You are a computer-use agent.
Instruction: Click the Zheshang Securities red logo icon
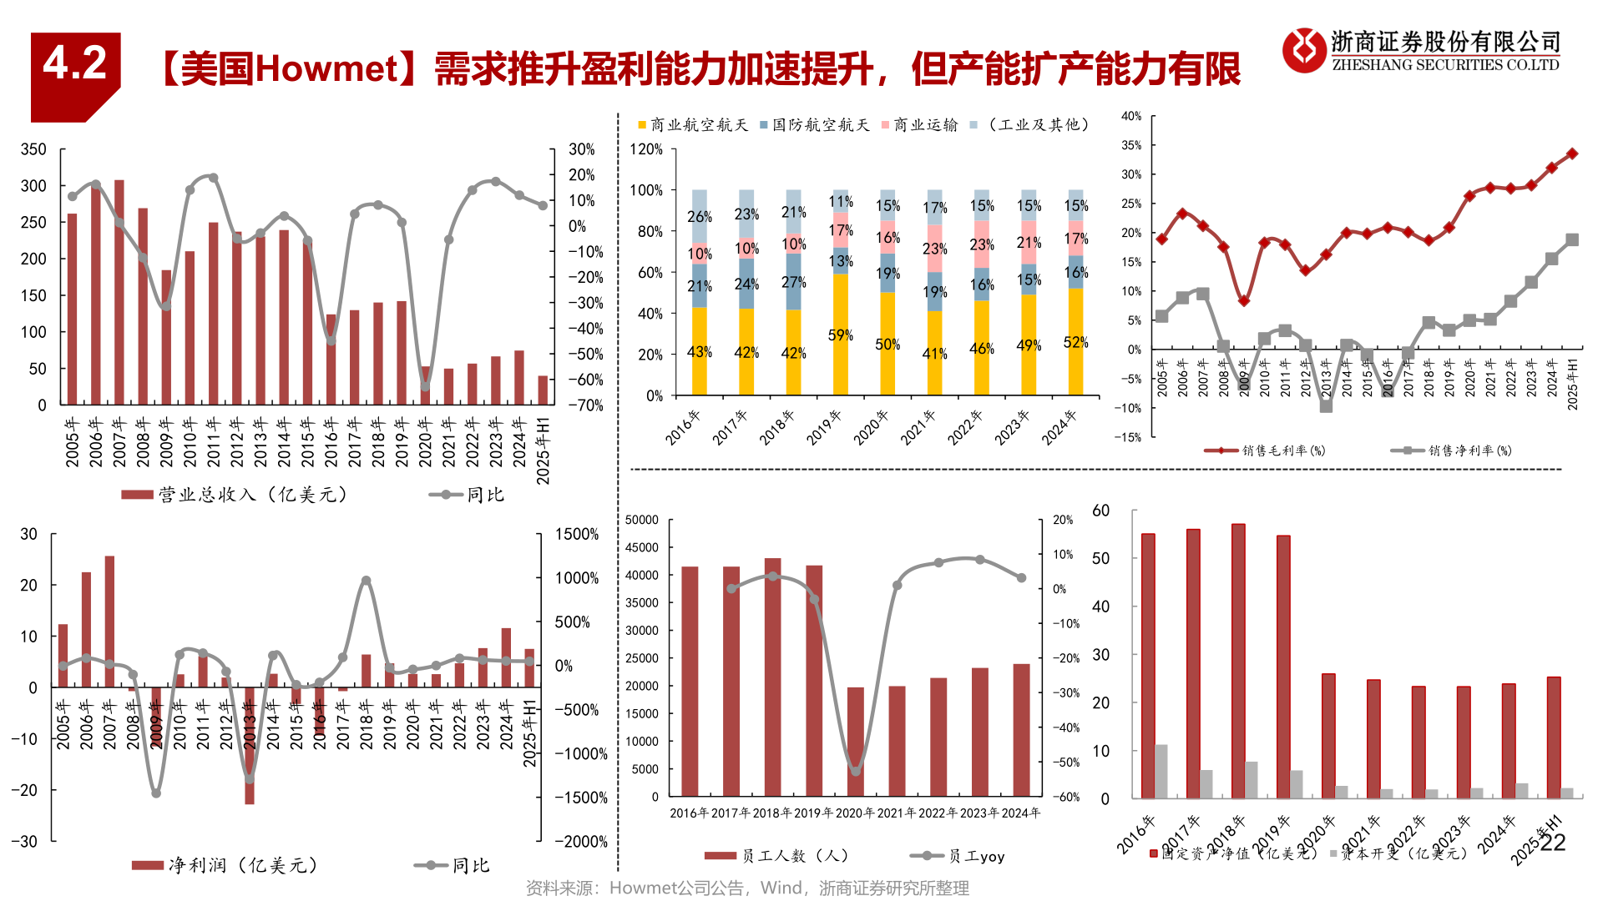pos(1303,50)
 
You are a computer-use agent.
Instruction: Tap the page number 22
pos(1552,843)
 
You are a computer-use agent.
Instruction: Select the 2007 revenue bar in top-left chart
pos(119,292)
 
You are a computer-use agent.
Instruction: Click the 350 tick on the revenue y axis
pos(33,149)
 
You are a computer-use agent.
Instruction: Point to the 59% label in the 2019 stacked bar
pos(840,335)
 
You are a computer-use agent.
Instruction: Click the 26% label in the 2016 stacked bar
pos(699,217)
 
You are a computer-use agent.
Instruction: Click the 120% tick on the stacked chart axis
pos(646,149)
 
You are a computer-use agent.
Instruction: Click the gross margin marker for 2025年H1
pos(1572,154)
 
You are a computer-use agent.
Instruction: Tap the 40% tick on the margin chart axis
pos(1131,116)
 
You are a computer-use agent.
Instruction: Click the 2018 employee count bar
pos(772,676)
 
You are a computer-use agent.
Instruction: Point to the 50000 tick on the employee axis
pos(642,520)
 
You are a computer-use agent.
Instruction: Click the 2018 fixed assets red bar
pos(1238,659)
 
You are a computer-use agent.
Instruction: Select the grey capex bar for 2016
pos(1161,772)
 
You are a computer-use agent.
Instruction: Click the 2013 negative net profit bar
pos(249,747)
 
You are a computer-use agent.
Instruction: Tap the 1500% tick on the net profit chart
pos(577,535)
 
